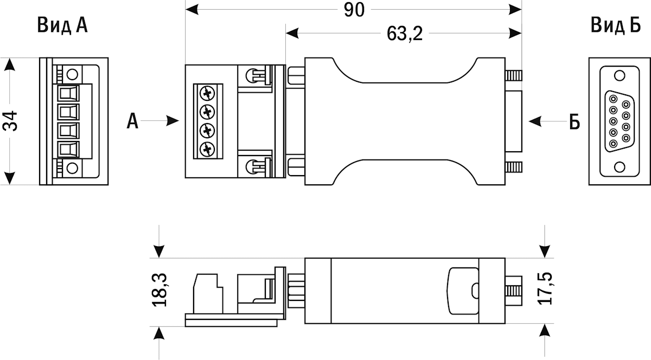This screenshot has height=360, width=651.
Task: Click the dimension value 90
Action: [x=354, y=10]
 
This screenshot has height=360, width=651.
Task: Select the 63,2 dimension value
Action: [x=405, y=34]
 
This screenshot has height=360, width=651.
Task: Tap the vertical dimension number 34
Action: [x=10, y=120]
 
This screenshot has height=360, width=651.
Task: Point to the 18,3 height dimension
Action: [x=159, y=290]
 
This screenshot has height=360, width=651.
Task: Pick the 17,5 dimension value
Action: [x=545, y=288]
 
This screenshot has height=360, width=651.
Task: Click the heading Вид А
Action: [x=62, y=25]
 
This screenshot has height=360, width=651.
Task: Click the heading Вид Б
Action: [x=616, y=25]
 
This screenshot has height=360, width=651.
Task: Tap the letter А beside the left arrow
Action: [x=132, y=121]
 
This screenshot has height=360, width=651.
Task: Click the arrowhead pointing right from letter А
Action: [x=173, y=120]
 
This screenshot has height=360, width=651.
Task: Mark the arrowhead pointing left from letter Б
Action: [x=535, y=121]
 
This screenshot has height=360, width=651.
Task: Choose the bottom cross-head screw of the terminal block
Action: [x=207, y=149]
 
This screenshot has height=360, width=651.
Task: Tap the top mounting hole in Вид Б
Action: [x=620, y=75]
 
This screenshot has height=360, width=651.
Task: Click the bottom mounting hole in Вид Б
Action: [x=620, y=167]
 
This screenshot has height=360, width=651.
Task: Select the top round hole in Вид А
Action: [x=72, y=75]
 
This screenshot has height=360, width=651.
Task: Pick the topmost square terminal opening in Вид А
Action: [x=68, y=93]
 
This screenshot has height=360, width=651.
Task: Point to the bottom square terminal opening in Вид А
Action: [x=68, y=149]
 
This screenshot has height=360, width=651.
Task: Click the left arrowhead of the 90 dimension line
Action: [x=192, y=10]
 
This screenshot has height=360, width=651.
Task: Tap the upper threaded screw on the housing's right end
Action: [x=514, y=75]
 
